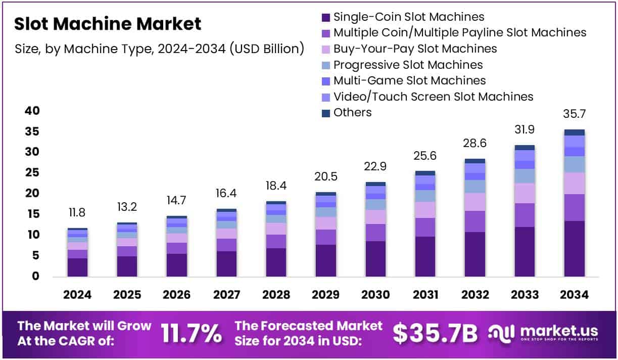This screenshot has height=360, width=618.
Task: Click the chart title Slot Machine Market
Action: pos(108,24)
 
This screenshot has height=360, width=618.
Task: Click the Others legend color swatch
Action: pos(326,113)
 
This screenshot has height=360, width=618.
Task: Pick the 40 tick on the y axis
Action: pos(31,111)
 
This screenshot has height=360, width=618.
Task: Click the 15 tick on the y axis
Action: pos(31,214)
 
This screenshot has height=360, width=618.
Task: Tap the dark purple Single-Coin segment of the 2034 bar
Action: pos(574,249)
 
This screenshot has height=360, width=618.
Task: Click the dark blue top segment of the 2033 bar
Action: pos(525,148)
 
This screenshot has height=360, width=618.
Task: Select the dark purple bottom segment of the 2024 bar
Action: pos(78,267)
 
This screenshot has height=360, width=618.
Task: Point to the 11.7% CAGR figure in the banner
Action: pos(191,333)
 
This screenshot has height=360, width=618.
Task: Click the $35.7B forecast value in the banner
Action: pos(435,333)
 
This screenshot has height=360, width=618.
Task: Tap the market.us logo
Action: pos(544,333)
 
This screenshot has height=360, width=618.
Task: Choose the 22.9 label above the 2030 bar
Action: pos(375,166)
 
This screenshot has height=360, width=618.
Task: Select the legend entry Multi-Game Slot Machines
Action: pos(409,80)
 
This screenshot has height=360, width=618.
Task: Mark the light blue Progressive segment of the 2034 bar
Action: pos(574,164)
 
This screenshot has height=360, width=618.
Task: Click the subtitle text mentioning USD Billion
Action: pos(159,49)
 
